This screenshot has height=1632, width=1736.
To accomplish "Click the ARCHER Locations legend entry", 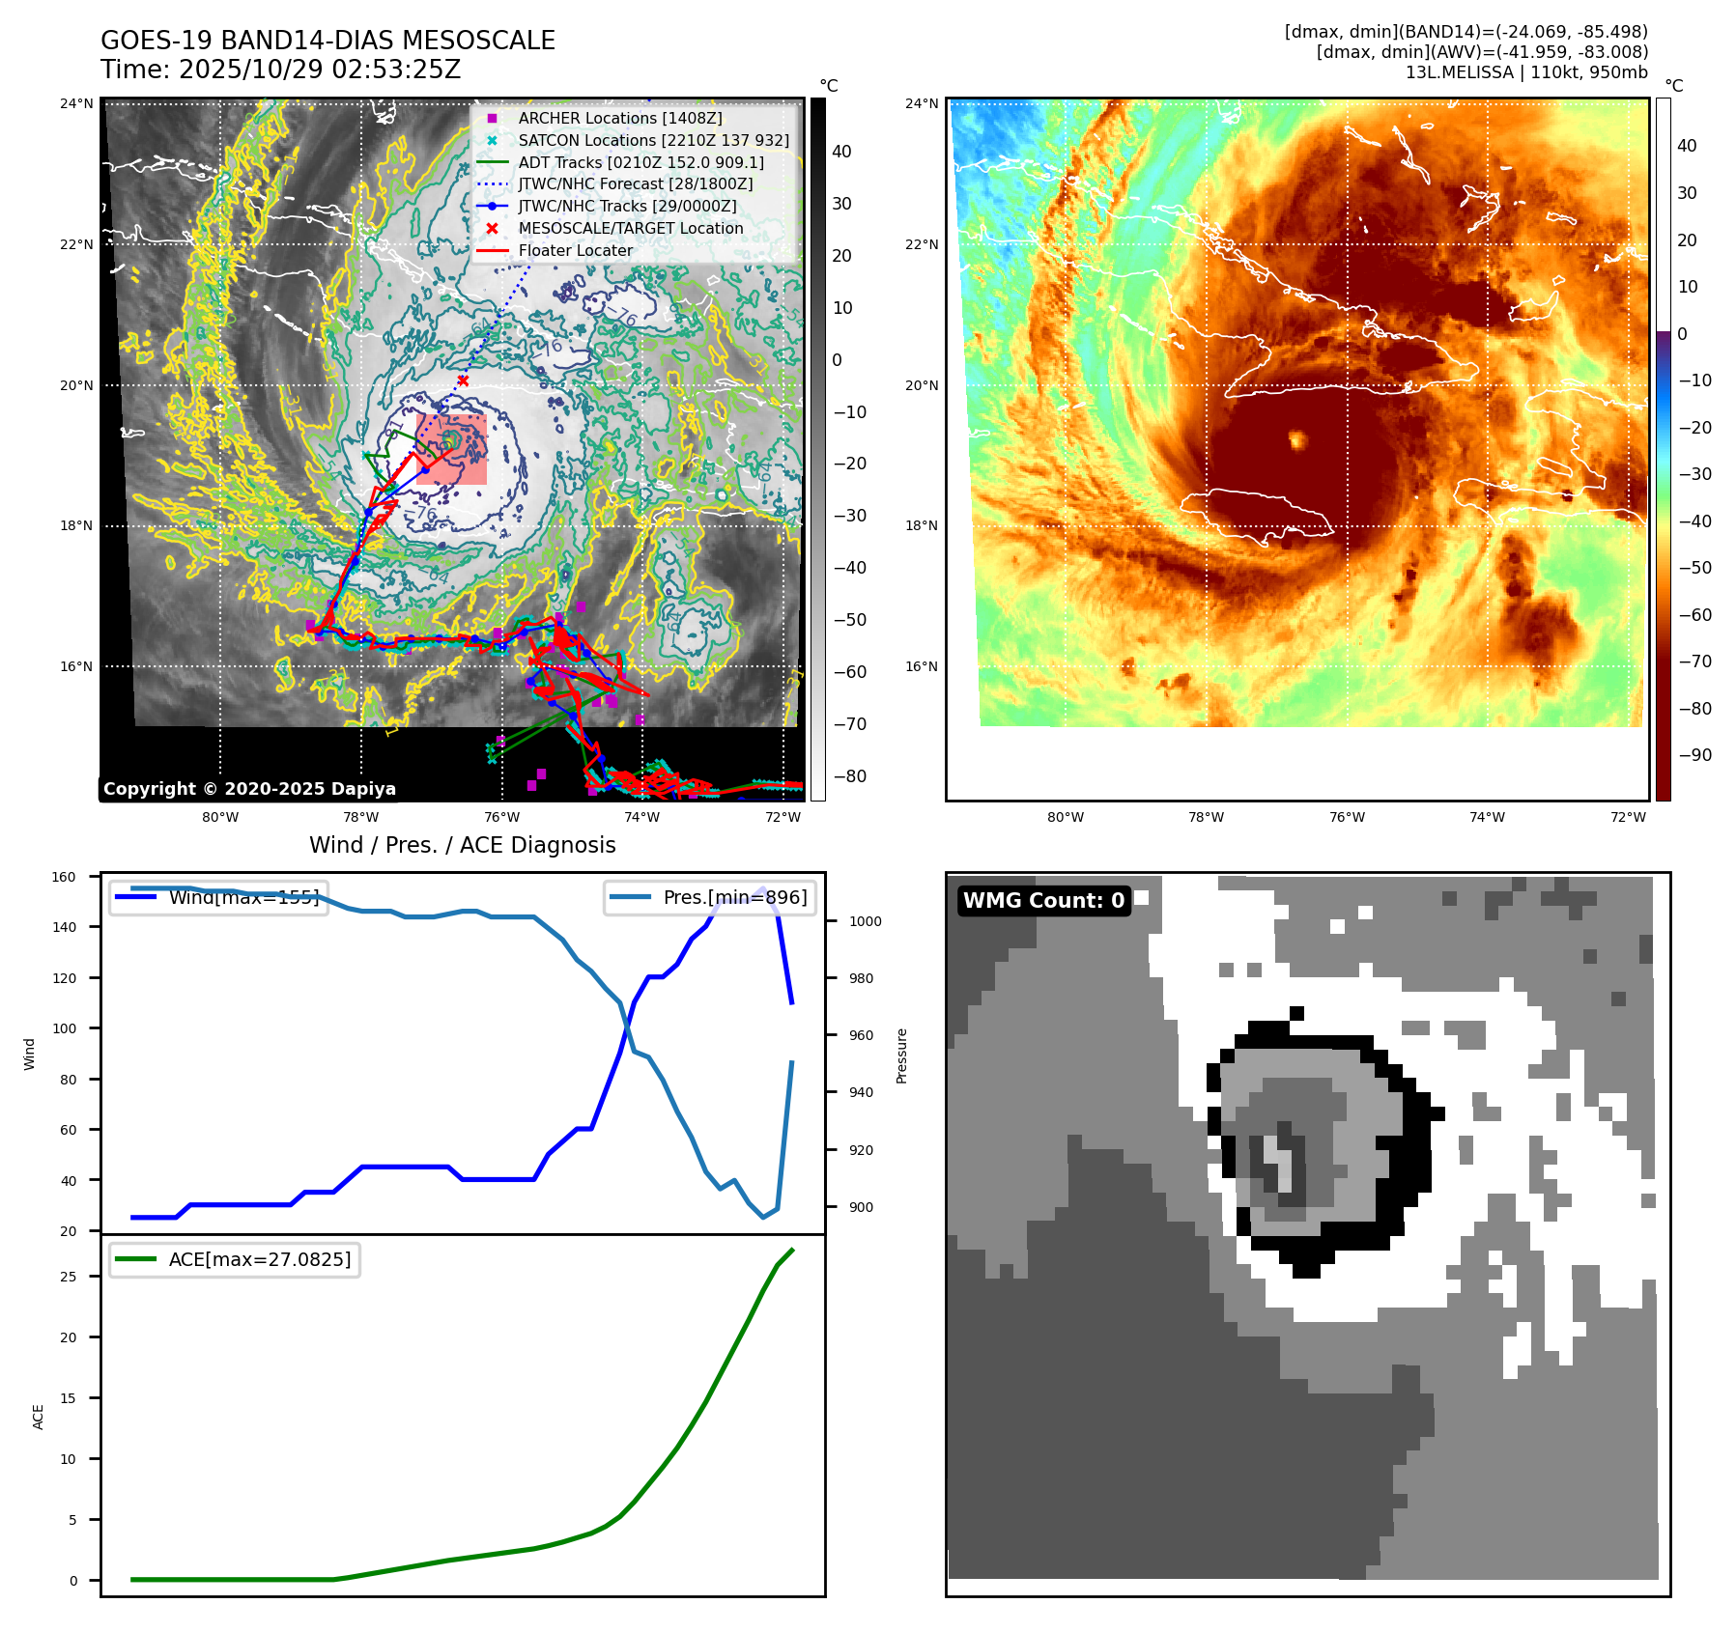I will click(619, 118).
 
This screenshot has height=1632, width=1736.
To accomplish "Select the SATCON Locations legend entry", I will click(653, 140).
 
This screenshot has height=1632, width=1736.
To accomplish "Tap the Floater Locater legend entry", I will click(575, 251).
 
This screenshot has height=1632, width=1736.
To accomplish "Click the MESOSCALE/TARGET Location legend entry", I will click(630, 229).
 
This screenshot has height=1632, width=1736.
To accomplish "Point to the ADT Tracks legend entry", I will click(640, 162).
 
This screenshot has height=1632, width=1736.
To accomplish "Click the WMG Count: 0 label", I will click(1043, 901).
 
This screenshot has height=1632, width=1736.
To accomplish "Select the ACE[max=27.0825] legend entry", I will click(259, 1259).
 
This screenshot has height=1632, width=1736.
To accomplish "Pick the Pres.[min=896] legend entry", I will click(734, 897).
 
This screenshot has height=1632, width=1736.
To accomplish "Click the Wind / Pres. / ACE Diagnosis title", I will click(462, 845).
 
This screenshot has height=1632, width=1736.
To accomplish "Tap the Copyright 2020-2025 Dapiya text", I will click(249, 789).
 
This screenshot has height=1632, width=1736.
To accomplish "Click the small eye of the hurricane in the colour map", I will click(1296, 440).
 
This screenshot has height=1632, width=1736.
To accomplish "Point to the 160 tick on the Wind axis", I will click(64, 877).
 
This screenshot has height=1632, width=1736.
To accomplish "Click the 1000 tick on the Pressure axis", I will click(865, 921).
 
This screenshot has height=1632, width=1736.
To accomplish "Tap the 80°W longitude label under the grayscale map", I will click(220, 817).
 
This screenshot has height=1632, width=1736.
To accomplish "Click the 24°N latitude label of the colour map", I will click(921, 103).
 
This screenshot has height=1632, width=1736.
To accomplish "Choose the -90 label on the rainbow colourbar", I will click(1694, 755).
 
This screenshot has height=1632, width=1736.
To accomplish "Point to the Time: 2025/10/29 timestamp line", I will click(280, 70).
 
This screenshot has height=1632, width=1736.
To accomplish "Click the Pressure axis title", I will click(901, 1055).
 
